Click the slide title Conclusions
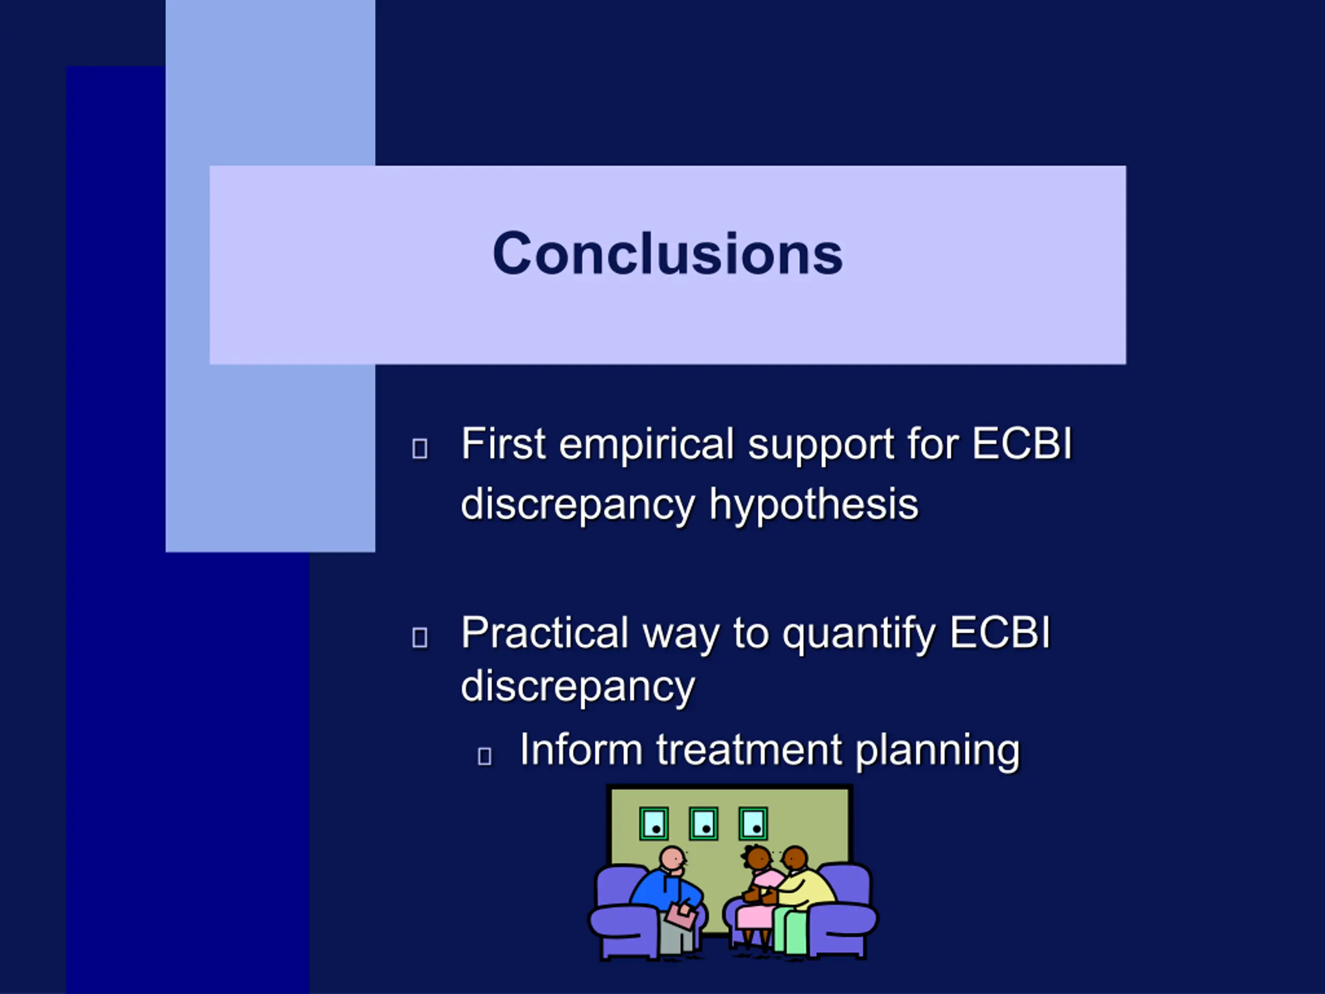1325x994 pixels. pos(667,254)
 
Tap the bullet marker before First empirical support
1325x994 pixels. pos(420,449)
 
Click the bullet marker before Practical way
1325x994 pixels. pos(420,637)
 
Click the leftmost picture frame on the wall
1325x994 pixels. pos(654,824)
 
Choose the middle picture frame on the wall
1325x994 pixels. pos(703,824)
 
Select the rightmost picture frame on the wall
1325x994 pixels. pos(753,824)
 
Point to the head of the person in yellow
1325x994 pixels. pos(796,860)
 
